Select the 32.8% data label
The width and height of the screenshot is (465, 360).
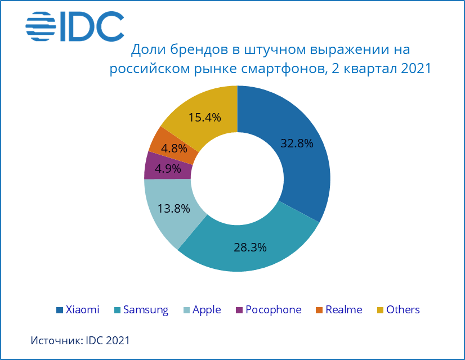(297, 143)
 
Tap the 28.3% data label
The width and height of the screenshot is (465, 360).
(250, 247)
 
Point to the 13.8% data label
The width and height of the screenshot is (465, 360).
(174, 208)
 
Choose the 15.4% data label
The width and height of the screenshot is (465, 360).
(204, 118)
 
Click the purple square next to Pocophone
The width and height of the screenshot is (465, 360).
(240, 310)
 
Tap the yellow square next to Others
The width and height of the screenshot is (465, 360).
(380, 310)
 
